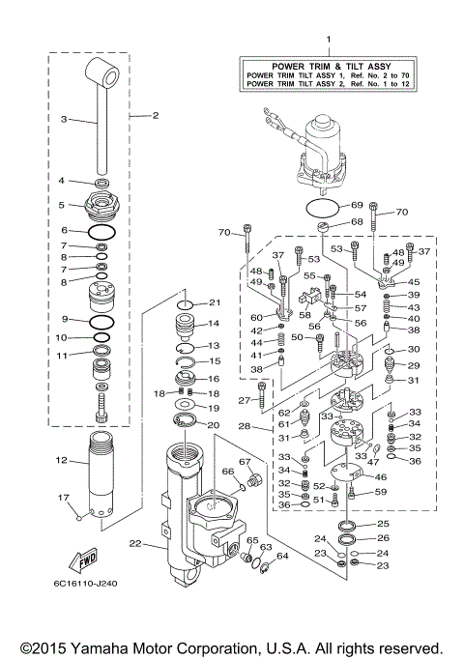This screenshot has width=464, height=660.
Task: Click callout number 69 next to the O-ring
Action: pos(356,206)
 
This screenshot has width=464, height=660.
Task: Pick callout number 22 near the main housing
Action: pos(135,542)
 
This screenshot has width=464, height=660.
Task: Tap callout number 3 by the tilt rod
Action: pos(64,120)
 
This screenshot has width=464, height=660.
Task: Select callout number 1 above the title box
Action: pos(327,41)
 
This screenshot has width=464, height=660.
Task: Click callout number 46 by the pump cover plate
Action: pos(381,476)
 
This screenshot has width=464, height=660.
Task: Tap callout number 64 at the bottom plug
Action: pos(281,555)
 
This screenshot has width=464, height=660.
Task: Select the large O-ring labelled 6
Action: pos(101,231)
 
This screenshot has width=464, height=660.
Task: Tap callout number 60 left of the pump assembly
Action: pos(257,317)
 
